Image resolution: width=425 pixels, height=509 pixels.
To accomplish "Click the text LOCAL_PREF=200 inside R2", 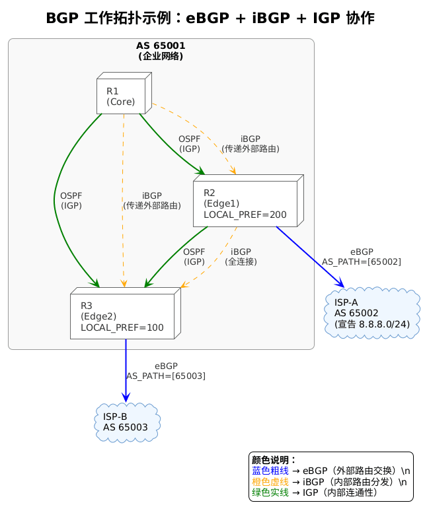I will [245, 215].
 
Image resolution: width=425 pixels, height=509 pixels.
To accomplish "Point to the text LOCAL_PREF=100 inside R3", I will [122, 327].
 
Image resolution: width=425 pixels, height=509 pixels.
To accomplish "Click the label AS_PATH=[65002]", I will [361, 262].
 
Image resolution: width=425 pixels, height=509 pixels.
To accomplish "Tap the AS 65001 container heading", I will [161, 46].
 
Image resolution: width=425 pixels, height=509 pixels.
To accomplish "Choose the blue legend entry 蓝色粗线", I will [270, 471].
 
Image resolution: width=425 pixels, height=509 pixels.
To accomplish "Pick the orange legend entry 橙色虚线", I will [270, 481].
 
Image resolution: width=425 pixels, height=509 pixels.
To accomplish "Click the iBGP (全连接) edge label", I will [241, 257].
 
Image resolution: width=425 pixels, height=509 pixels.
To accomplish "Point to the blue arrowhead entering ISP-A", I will [340, 283].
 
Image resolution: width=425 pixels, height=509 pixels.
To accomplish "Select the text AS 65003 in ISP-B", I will [126, 427].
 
